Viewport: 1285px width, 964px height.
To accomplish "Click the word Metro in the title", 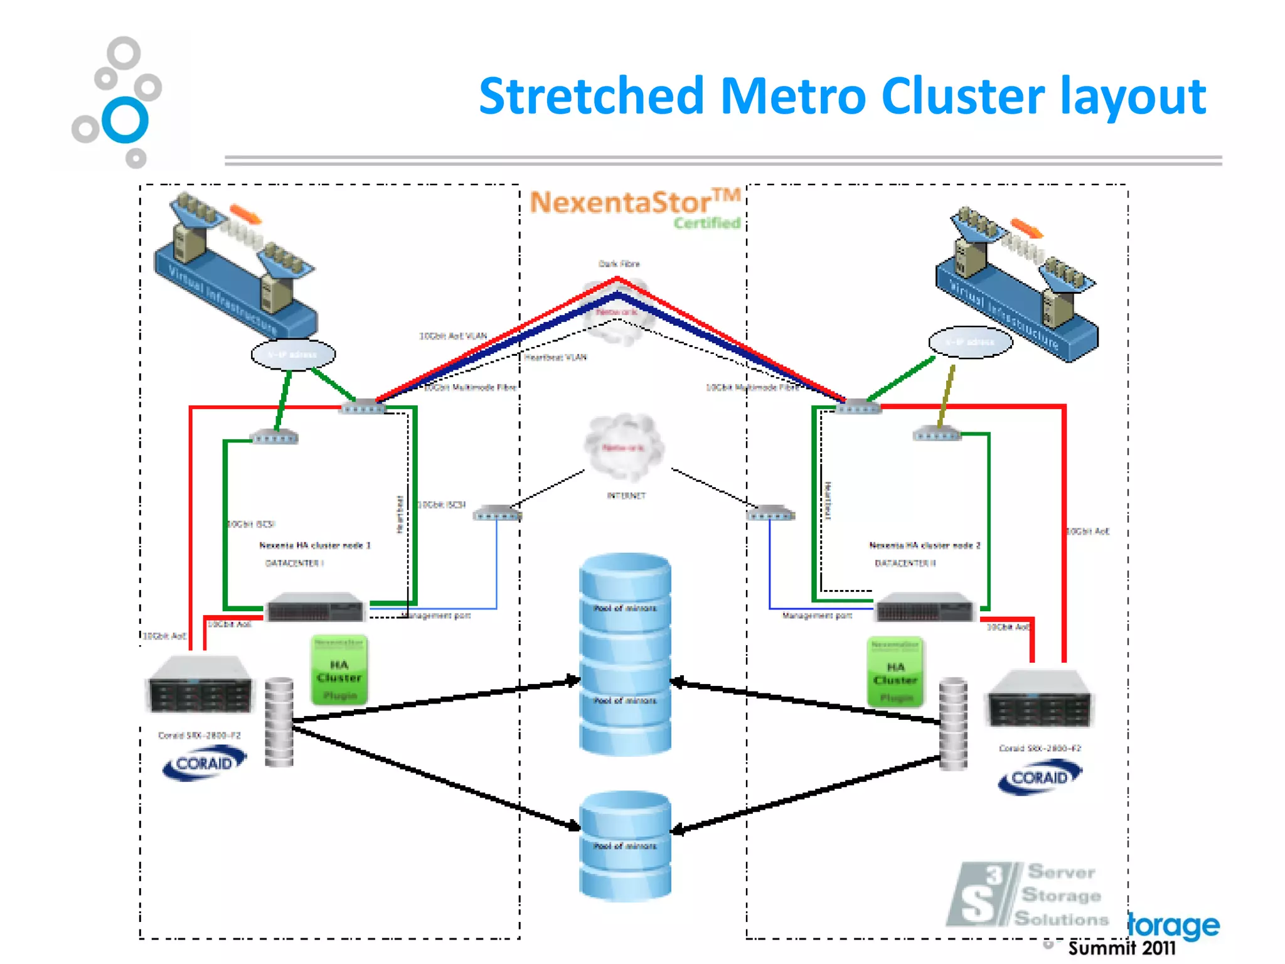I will [x=792, y=97].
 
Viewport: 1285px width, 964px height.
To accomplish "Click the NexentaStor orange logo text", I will [x=621, y=203].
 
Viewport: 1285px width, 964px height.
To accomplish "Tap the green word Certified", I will [x=707, y=223].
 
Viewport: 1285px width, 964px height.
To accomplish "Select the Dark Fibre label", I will [x=619, y=264].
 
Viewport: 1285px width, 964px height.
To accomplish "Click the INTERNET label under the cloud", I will [x=626, y=496].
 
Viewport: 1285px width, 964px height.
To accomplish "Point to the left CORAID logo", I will [x=204, y=763].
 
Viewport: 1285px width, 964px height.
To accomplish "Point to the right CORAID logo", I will [x=1040, y=777].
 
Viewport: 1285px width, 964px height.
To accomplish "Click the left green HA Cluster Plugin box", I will [x=339, y=670].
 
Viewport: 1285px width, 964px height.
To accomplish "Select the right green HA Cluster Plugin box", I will [x=895, y=672].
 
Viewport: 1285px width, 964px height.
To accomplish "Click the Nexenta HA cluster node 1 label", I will [x=315, y=545].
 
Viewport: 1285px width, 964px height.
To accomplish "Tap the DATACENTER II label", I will [x=905, y=564].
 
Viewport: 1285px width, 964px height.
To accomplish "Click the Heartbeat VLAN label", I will [x=555, y=358].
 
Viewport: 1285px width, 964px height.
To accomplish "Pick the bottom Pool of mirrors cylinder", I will [x=625, y=846].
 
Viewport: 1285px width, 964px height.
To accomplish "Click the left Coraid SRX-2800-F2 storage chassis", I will [x=200, y=685].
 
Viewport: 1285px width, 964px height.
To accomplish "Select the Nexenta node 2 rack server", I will [x=924, y=608].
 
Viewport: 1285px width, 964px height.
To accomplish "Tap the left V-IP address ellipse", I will [x=293, y=355].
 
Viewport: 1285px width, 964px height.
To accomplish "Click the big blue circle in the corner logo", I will [x=125, y=119].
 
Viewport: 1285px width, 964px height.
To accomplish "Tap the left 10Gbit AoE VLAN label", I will [x=452, y=336].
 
